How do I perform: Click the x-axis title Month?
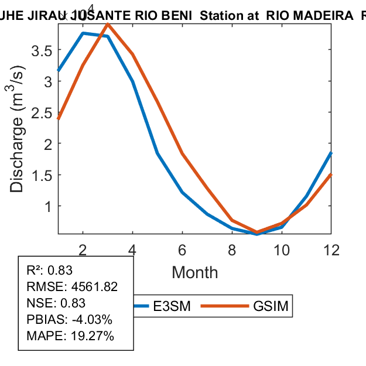(194, 272)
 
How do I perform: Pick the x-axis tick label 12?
(331, 250)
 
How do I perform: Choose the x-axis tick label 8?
(232, 250)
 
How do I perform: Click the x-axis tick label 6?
(183, 250)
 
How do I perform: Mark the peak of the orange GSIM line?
(108, 24)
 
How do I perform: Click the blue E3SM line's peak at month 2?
(83, 33)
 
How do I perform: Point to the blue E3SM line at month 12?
(331, 153)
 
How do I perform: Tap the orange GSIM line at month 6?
(183, 153)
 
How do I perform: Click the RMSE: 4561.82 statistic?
(72, 287)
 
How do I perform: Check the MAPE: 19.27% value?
(70, 336)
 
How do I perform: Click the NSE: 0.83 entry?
(56, 303)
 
